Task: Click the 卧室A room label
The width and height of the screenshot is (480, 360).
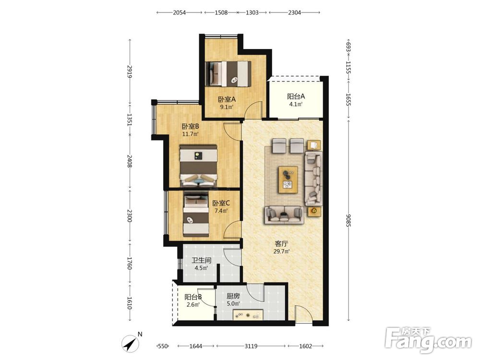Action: (x=227, y=99)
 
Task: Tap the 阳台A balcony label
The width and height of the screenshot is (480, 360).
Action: (x=296, y=96)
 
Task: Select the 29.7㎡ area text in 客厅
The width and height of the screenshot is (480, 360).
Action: (x=281, y=252)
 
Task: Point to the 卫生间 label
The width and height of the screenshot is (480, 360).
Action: (x=202, y=261)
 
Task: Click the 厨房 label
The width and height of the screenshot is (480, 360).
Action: (x=233, y=296)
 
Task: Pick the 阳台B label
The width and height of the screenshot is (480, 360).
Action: (x=193, y=297)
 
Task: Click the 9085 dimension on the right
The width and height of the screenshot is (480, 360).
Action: (x=348, y=220)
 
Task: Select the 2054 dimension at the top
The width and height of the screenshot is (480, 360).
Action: (x=180, y=12)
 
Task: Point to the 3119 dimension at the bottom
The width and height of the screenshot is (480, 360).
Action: (x=251, y=346)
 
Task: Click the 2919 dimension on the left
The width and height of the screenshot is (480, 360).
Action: (x=130, y=72)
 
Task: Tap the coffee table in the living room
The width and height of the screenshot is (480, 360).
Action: (x=288, y=180)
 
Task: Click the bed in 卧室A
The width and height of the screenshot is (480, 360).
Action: (x=228, y=73)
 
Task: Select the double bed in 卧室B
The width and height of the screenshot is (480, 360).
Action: (x=199, y=166)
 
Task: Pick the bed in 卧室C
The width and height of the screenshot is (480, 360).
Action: (x=196, y=214)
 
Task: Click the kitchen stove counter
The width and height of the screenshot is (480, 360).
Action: (x=248, y=315)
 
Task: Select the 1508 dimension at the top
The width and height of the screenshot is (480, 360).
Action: (x=221, y=12)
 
